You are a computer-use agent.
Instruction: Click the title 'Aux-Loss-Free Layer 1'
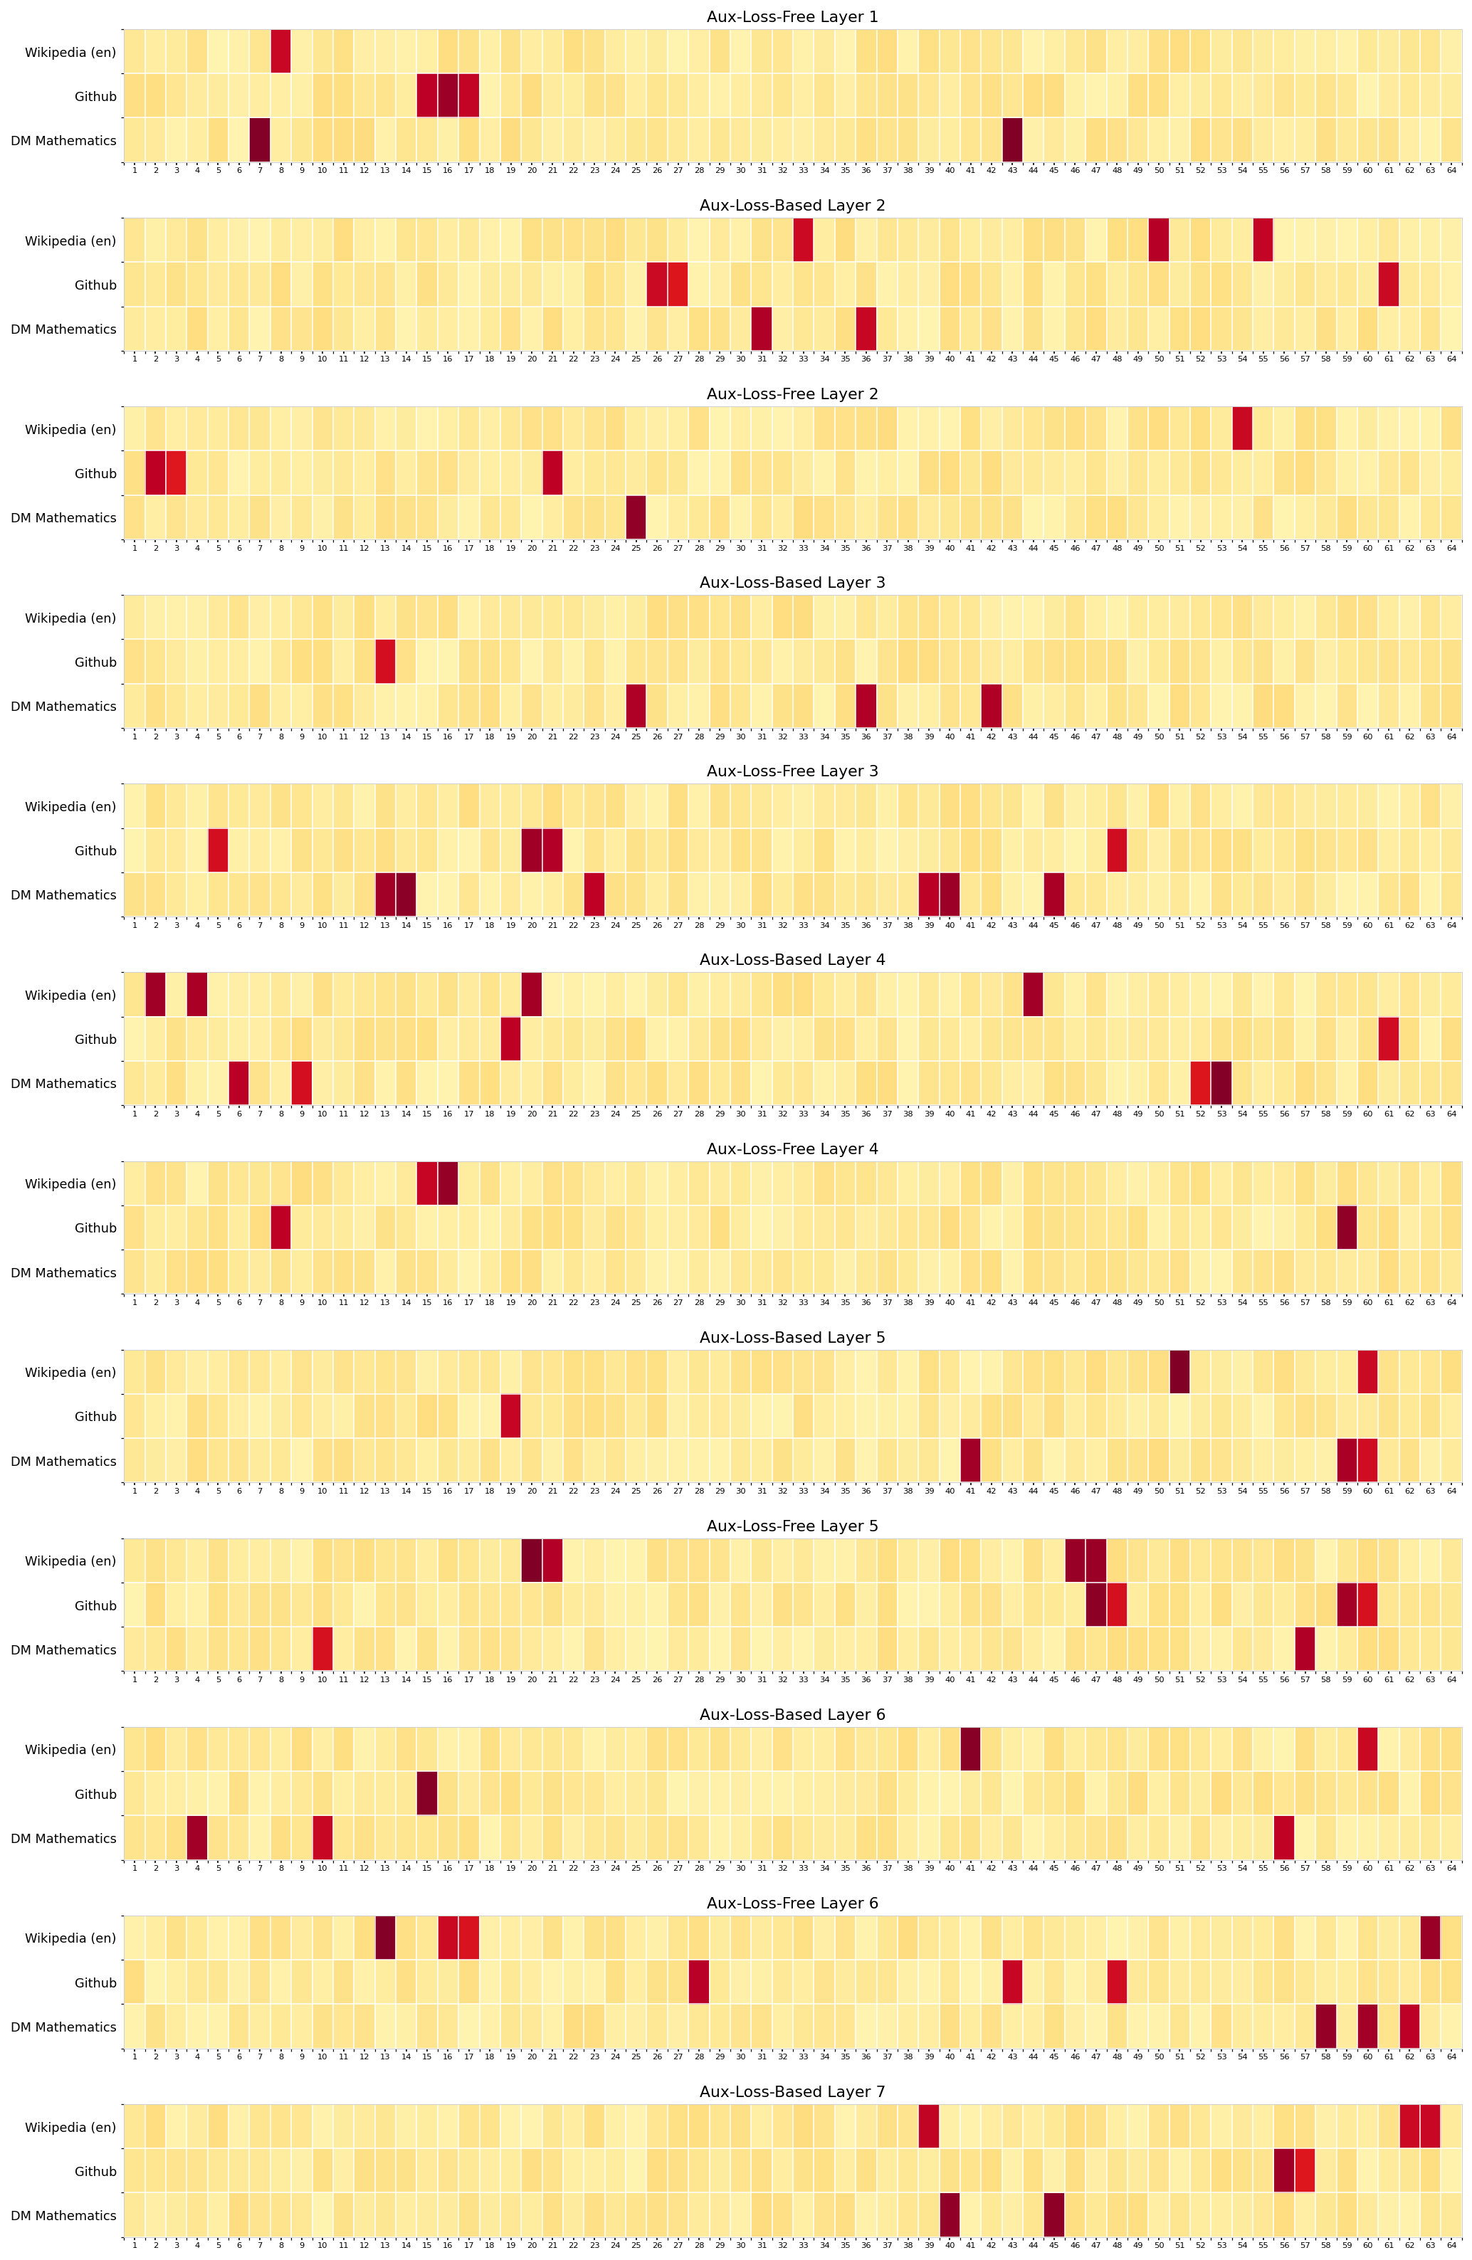point(792,17)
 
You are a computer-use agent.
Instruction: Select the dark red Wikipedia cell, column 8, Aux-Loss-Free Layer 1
point(281,51)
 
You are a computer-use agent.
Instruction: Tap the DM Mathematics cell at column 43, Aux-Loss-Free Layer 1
point(1012,139)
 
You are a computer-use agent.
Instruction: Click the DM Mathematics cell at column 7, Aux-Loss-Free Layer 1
point(261,139)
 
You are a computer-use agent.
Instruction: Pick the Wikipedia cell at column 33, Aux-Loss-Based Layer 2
point(804,241)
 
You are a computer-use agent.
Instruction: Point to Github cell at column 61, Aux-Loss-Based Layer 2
point(1389,285)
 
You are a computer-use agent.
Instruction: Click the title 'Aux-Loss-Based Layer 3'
point(792,582)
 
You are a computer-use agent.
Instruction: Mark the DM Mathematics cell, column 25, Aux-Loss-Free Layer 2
point(636,517)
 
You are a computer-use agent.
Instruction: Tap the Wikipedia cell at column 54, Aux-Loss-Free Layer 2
point(1242,429)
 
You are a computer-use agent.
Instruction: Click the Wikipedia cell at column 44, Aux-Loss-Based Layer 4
point(1034,994)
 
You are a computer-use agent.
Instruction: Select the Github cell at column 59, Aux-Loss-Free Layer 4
point(1347,1227)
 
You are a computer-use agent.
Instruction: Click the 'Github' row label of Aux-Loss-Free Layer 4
point(96,1227)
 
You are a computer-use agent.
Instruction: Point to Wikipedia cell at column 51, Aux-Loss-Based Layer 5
point(1179,1372)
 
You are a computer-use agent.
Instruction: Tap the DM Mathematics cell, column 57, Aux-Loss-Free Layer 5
point(1305,1649)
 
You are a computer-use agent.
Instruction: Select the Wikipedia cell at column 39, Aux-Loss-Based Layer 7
point(929,2127)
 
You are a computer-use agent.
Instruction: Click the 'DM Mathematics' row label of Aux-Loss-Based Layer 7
point(63,2215)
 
